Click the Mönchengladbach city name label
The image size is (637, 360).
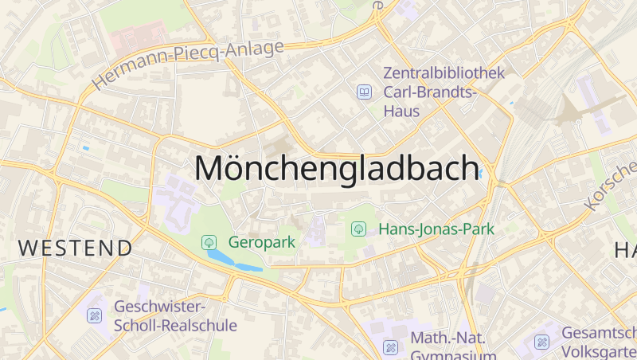338,168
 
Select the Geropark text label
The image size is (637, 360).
262,241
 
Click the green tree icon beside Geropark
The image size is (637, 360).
209,241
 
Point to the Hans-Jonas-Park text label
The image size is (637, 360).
436,229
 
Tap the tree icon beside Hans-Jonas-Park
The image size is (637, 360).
358,229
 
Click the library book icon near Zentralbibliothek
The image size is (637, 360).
364,92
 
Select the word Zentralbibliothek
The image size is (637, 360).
444,73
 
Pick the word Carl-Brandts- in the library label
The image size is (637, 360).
430,92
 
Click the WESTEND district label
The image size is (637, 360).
76,248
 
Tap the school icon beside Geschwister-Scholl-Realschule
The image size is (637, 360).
95,316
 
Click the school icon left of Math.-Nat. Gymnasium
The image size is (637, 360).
390,347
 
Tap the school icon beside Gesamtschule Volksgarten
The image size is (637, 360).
541,342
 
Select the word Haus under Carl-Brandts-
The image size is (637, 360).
401,111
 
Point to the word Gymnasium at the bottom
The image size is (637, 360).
453,354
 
